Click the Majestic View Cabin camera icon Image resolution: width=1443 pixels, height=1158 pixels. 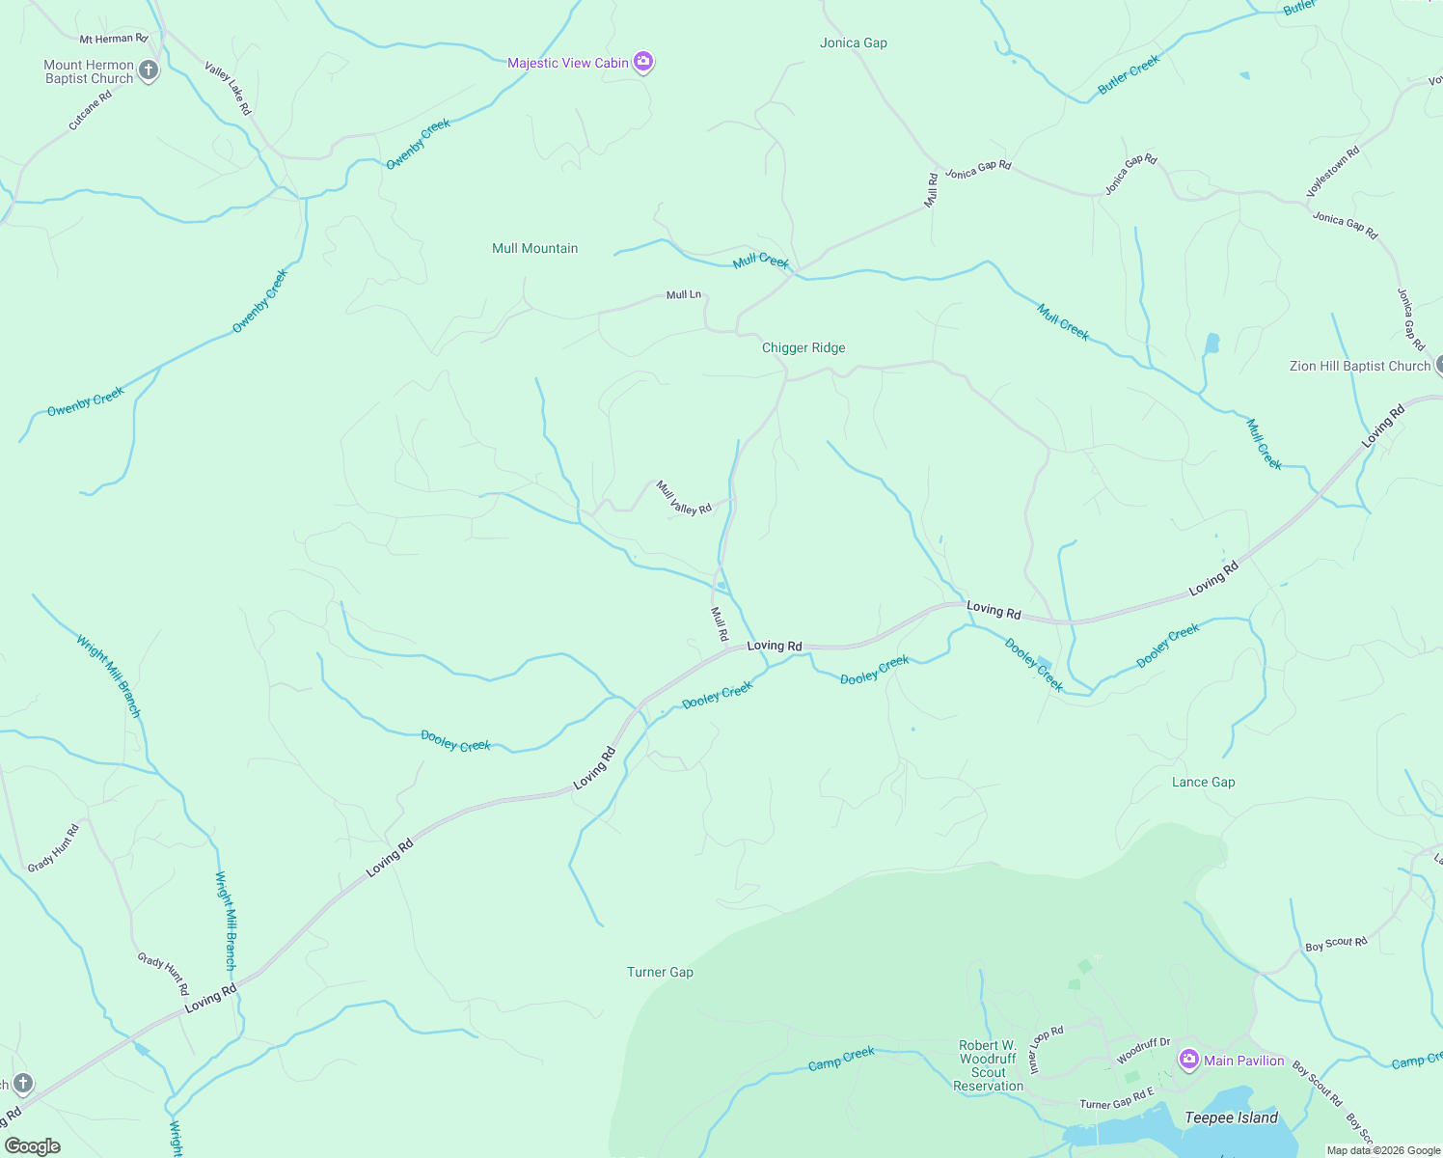point(643,63)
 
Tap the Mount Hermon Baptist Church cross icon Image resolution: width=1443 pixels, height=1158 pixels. point(149,70)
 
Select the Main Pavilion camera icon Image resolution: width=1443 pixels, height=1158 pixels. point(1188,1061)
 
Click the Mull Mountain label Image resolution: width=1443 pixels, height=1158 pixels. point(534,248)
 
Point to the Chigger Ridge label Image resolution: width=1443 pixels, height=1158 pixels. point(803,347)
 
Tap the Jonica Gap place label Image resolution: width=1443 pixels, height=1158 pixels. point(853,42)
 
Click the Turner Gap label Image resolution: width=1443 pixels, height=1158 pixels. point(660,972)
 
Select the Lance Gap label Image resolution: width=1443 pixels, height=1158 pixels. point(1203,782)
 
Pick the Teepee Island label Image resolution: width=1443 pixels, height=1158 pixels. point(1231,1117)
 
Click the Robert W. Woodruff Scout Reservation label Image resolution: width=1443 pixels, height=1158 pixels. point(988,1065)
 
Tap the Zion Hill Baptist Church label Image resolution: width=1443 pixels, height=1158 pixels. point(1360,366)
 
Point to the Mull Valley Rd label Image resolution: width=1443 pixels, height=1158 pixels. point(684,498)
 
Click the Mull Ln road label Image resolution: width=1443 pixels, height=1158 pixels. point(684,294)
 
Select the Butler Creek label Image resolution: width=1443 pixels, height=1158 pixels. point(1129,75)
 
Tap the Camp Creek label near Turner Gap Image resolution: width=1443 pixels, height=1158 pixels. point(841,1059)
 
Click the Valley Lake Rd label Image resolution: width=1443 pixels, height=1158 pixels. point(229,89)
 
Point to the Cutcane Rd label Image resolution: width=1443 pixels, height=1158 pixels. point(91,110)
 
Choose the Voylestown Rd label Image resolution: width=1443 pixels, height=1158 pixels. point(1333,172)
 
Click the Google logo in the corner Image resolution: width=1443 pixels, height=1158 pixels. point(33,1145)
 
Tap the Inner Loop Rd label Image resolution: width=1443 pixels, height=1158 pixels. point(1047,1049)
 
